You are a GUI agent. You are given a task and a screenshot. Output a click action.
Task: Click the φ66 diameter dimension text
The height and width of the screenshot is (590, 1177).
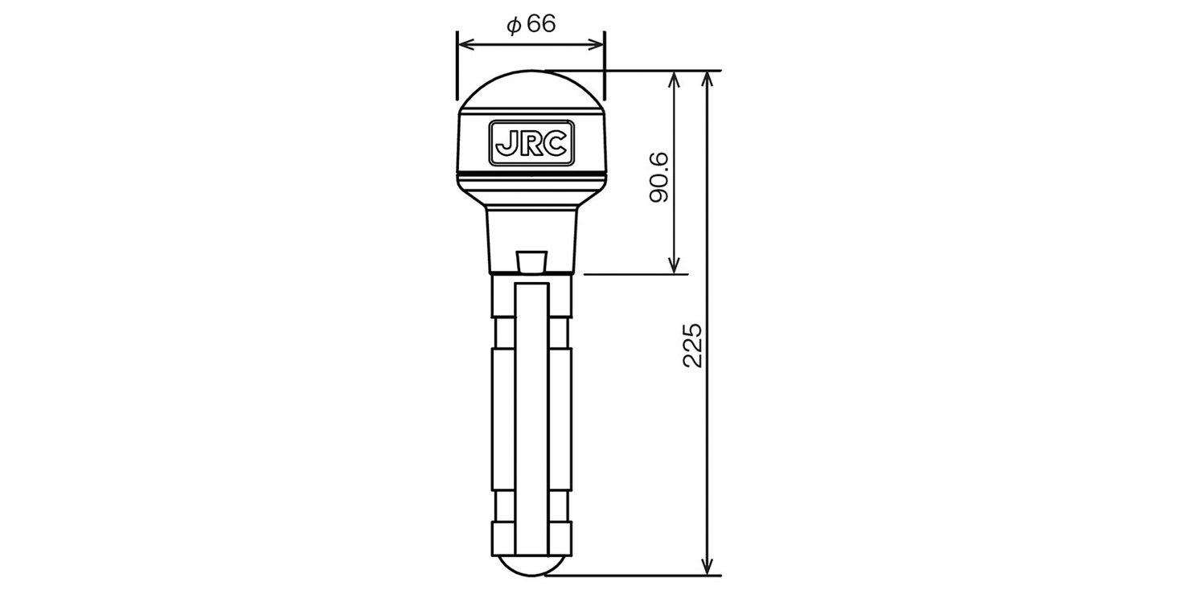point(531,24)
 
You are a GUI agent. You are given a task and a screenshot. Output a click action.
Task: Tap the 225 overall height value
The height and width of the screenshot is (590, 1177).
point(693,345)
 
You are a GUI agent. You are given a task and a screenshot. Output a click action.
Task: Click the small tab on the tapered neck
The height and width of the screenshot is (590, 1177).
point(531,260)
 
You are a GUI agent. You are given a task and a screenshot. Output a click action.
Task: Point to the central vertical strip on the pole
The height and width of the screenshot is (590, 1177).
point(531,418)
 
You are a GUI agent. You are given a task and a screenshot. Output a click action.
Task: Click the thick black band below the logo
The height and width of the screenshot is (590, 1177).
point(531,174)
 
